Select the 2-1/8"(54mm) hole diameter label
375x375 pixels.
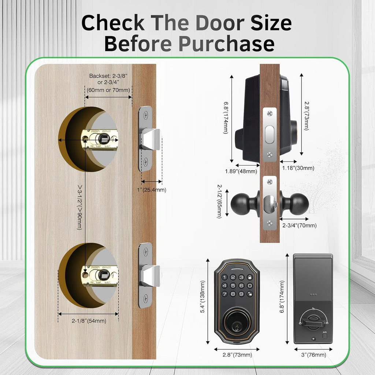click(89, 321)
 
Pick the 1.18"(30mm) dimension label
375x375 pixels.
click(298, 168)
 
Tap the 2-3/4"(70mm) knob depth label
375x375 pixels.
click(299, 226)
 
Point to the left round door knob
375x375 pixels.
click(242, 203)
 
